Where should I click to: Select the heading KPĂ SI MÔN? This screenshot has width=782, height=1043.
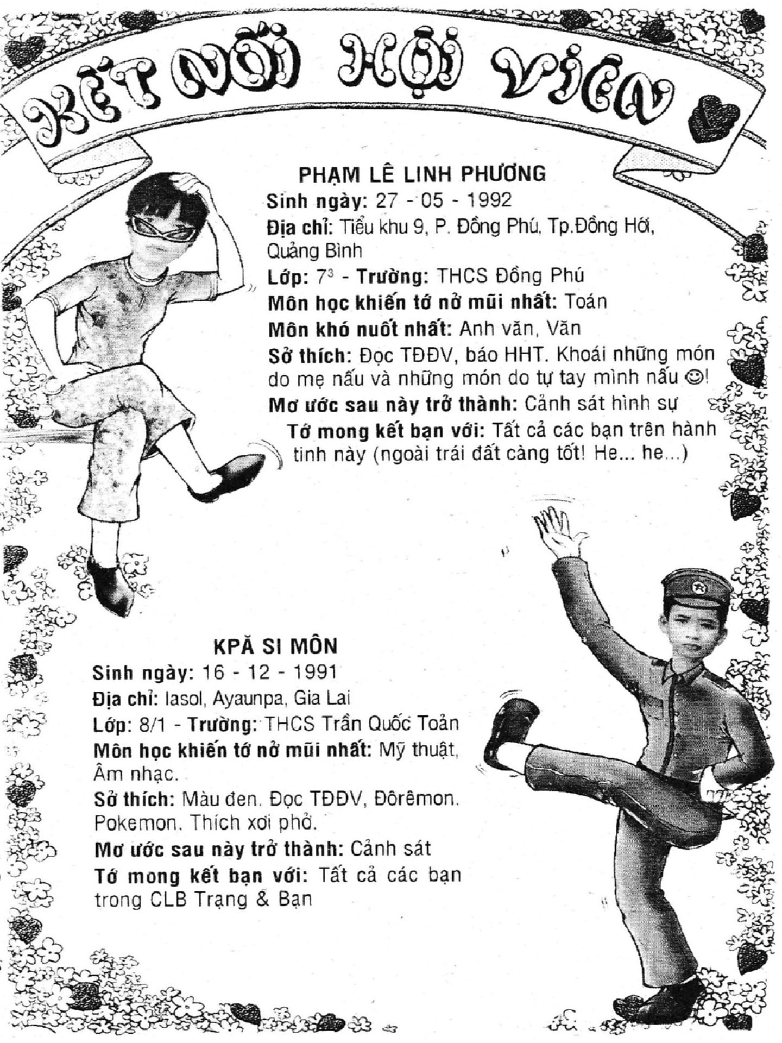[x=275, y=646]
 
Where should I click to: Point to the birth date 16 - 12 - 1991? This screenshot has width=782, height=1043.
[x=269, y=673]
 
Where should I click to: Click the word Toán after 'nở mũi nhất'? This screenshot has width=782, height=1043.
[x=585, y=301]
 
